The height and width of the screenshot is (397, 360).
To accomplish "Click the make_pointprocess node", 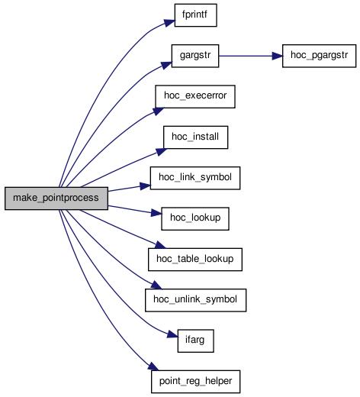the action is [x=56, y=198].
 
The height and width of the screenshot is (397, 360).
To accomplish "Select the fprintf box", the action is [x=195, y=15].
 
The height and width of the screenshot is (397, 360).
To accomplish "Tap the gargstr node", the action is [x=195, y=56].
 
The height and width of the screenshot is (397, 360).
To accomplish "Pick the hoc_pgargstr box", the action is [x=319, y=56].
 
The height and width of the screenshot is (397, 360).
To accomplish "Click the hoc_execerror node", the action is [x=195, y=96].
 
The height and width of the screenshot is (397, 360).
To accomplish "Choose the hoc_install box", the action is [x=195, y=137].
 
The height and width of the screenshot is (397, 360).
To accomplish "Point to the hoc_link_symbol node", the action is [x=195, y=178].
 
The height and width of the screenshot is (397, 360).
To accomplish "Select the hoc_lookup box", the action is [x=195, y=219].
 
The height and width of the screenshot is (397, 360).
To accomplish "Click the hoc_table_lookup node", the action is [x=195, y=260].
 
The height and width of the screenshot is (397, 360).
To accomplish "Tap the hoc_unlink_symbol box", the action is [x=195, y=300].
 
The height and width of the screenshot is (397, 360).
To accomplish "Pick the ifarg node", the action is [x=195, y=341].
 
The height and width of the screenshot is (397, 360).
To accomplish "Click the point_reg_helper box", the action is [x=195, y=382].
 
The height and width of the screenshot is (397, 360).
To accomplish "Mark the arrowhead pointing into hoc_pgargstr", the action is [x=277, y=56].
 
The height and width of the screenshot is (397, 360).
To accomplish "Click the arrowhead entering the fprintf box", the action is [x=170, y=22].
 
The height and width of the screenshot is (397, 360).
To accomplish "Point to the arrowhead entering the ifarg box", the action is [x=172, y=334].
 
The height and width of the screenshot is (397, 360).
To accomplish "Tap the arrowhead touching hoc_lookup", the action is [x=156, y=212].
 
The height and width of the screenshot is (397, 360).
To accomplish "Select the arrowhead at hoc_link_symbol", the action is [x=146, y=186].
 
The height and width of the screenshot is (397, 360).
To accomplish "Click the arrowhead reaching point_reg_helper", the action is [x=153, y=366].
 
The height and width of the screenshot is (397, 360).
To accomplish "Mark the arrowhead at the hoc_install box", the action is [x=161, y=152].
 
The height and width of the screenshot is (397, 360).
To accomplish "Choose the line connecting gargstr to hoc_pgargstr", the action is [x=246, y=56].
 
